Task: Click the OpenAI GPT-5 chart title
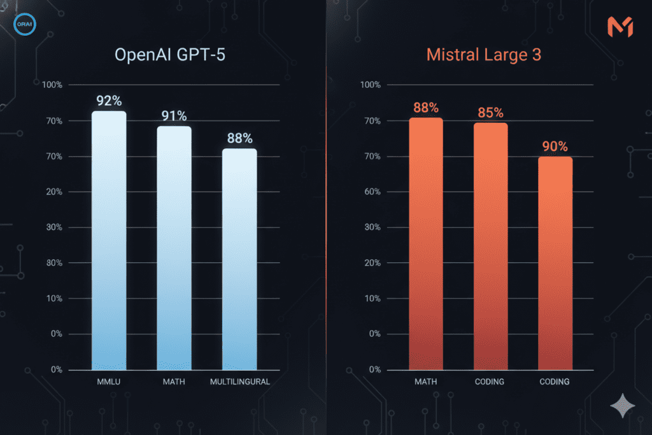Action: click(169, 55)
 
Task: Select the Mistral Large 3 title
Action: click(483, 55)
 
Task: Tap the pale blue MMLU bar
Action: click(109, 242)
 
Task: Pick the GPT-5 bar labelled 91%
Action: click(174, 248)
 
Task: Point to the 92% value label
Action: click(110, 101)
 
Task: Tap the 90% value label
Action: click(555, 146)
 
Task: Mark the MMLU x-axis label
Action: click(109, 382)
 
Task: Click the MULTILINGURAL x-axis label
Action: click(239, 382)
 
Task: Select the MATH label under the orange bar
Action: click(425, 382)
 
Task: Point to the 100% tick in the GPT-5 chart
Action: click(52, 85)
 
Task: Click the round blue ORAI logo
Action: click(25, 25)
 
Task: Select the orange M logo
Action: click(620, 27)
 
